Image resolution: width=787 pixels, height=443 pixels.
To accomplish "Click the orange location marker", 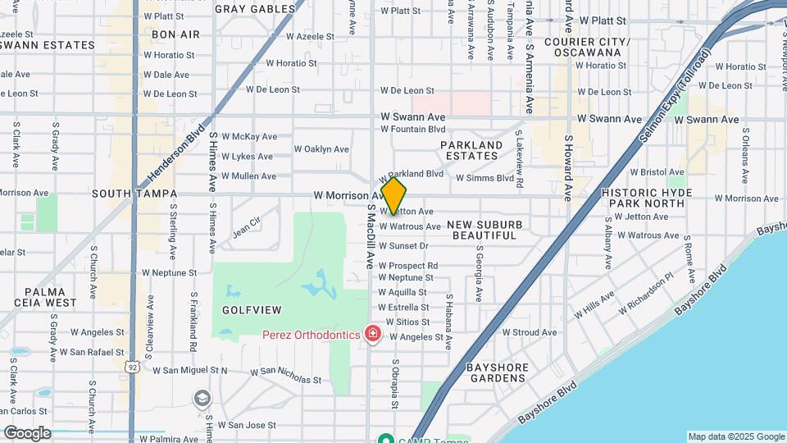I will (x=393, y=195).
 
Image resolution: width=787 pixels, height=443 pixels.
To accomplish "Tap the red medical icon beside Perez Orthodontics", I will (x=372, y=334).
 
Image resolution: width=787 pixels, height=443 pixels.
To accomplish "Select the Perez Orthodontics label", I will (x=312, y=335).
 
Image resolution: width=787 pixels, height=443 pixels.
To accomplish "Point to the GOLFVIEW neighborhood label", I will (x=251, y=310).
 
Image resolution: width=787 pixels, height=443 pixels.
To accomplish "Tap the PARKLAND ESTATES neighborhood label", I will (x=471, y=151).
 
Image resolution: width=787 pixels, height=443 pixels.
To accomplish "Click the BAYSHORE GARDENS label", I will (x=497, y=372).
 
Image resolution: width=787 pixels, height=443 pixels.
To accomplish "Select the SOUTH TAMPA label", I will (x=134, y=194).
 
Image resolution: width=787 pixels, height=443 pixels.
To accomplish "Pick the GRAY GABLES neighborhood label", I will (x=254, y=9).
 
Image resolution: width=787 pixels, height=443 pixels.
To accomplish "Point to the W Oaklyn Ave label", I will (x=321, y=149).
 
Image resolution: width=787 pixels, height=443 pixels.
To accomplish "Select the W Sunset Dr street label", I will (x=403, y=246).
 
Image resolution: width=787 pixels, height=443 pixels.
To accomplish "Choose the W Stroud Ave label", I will (x=528, y=332).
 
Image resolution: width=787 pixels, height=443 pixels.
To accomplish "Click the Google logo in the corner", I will (x=27, y=432).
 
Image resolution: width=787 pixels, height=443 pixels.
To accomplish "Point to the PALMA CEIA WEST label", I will (x=51, y=297).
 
